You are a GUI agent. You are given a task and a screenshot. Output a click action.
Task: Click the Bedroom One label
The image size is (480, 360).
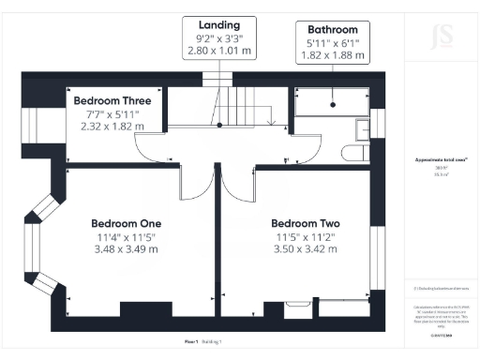pyautogui.click(x=126, y=223)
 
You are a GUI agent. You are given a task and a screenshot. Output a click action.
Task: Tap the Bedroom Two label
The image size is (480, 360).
pyautogui.click(x=305, y=223)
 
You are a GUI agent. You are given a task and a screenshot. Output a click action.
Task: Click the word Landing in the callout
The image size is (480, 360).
pyautogui.click(x=219, y=23)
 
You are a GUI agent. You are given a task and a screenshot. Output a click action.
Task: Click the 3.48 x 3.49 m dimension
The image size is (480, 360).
pyautogui.click(x=126, y=249)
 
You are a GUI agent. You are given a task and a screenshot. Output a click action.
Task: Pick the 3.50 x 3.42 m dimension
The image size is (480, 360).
pyautogui.click(x=305, y=249)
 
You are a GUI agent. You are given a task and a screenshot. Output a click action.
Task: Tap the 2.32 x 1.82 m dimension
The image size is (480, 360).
pyautogui.click(x=112, y=126)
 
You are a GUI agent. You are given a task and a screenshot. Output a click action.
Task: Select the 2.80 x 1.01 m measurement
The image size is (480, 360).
pyautogui.click(x=219, y=51)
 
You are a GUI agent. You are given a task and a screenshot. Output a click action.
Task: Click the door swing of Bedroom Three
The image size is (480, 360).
pyautogui.click(x=150, y=148)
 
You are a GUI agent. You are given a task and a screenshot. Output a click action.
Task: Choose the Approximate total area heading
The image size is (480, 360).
pyautogui.click(x=442, y=160)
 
